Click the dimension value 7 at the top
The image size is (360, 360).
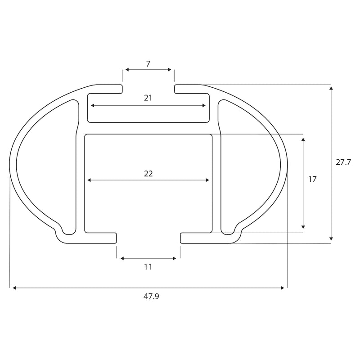pyautogui.click(x=148, y=63)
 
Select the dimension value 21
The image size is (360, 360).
pyautogui.click(x=148, y=98)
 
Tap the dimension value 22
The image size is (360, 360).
pyautogui.click(x=148, y=173)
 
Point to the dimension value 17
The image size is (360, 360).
pyautogui.click(x=312, y=180)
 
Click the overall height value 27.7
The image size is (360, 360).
pyautogui.click(x=343, y=162)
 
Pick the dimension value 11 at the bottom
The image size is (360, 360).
pyautogui.click(x=148, y=266)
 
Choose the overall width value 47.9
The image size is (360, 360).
pyautogui.click(x=148, y=297)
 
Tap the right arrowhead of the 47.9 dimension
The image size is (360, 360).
pyautogui.click(x=283, y=288)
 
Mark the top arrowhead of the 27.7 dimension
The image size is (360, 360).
pyautogui.click(x=331, y=88)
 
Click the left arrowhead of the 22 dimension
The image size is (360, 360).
pyautogui.click(x=89, y=180)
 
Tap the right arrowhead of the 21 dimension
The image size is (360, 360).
pyautogui.click(x=204, y=106)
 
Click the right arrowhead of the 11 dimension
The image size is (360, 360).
pyautogui.click(x=174, y=258)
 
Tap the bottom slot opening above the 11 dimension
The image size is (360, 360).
pyautogui.click(x=148, y=238)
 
